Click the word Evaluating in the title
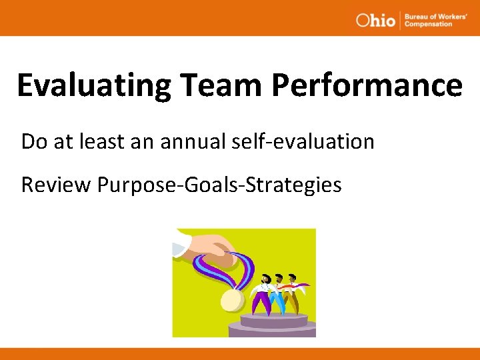click(x=94, y=85)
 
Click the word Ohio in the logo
click(x=376, y=20)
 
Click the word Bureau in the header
click(x=416, y=16)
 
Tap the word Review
click(x=55, y=185)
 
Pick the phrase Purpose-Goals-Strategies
click(x=219, y=185)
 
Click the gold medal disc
click(x=231, y=299)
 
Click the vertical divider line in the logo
click(x=399, y=20)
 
